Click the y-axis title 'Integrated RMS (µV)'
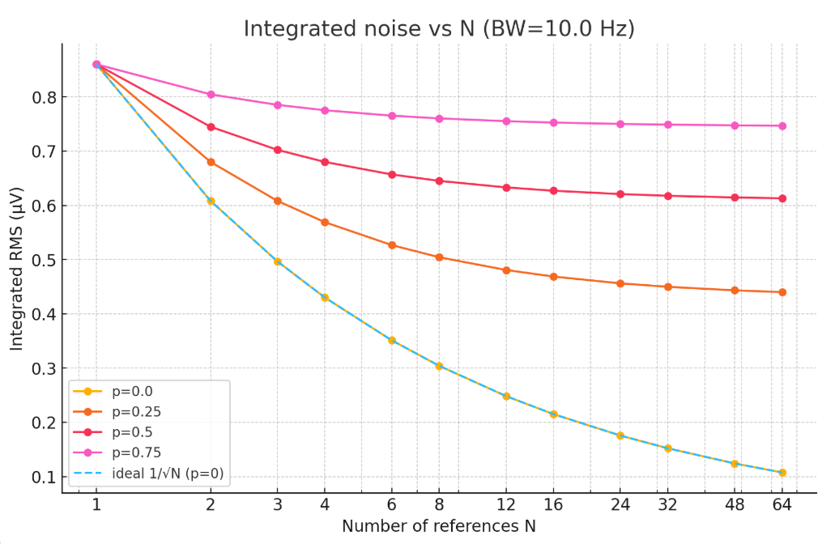click(17, 269)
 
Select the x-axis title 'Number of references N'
click(438, 526)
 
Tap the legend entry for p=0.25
click(134, 412)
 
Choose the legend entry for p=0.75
click(134, 454)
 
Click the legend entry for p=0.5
click(130, 433)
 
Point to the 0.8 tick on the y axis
click(41, 97)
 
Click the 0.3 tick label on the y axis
click(41, 368)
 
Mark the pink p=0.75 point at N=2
click(211, 95)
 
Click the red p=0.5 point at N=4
click(325, 162)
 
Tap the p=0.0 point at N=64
click(782, 473)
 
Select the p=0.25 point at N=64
click(782, 292)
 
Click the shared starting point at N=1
click(96, 65)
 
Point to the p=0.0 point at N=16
click(554, 414)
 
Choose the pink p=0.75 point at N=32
click(668, 125)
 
